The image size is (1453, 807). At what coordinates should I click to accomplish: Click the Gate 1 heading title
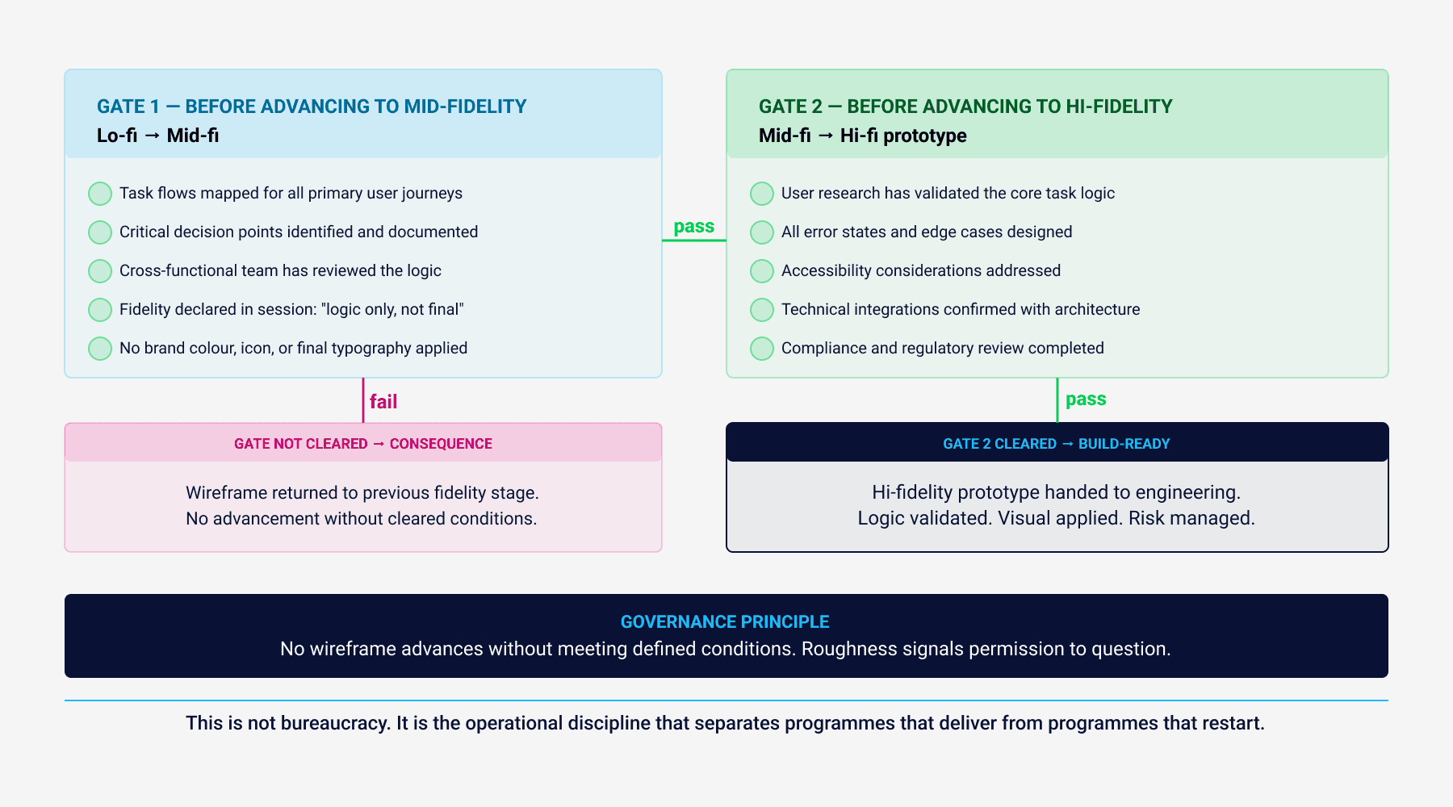coord(312,107)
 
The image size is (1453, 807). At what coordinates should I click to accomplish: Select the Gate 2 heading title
coord(965,107)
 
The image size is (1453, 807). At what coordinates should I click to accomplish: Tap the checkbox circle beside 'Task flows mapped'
coord(100,194)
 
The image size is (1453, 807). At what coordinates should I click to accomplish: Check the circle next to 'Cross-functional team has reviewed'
coord(100,271)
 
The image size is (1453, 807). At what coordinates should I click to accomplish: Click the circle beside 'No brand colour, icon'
coord(100,349)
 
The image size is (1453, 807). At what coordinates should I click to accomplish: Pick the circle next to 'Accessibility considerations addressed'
coord(762,271)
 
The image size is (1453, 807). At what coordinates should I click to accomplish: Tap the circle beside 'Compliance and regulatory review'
coord(762,349)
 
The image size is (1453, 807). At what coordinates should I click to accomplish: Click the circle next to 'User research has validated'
coord(762,194)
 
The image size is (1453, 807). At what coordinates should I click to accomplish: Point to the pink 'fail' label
coord(383,402)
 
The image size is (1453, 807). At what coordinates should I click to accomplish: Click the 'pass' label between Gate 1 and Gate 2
coord(694,227)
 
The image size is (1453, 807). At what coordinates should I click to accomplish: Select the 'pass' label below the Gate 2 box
coord(1086,399)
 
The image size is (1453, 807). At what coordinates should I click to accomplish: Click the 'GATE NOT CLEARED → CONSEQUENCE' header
coord(363,444)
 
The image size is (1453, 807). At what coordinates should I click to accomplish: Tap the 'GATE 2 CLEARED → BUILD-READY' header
coord(1057,444)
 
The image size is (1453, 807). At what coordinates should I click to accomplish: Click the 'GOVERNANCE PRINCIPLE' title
coord(725,622)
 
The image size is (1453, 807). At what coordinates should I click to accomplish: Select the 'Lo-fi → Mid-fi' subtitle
coord(158,136)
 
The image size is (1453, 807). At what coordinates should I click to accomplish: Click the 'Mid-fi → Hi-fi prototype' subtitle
coord(863,136)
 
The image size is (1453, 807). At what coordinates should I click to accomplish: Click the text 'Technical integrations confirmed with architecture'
coord(961,310)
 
